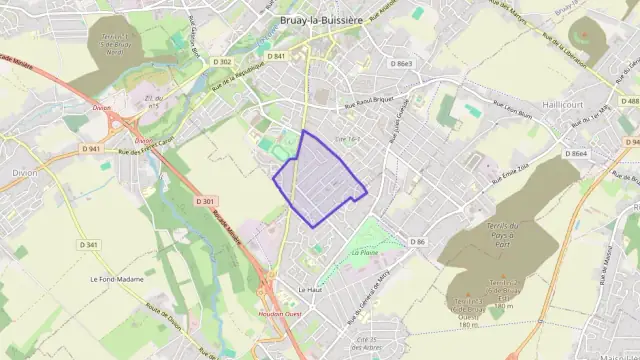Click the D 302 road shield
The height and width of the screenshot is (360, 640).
tap(223, 62)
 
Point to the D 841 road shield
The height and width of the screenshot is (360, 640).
tap(276, 56)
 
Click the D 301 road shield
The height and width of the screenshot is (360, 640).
tap(206, 201)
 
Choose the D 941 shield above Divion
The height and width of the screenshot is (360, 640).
tap(91, 149)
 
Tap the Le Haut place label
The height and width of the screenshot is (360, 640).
tap(309, 289)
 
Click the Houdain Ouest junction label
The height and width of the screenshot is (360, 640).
tap(277, 312)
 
